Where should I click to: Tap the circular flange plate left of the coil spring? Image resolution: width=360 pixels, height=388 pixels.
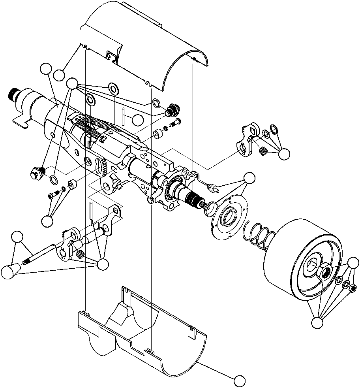coord(229,217)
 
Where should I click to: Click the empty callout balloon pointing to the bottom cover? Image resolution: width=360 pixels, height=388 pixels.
coord(239,381)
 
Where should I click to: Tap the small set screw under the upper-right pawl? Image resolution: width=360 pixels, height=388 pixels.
coord(262,151)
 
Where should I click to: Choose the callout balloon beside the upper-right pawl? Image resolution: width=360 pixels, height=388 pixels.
coord(284,154)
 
